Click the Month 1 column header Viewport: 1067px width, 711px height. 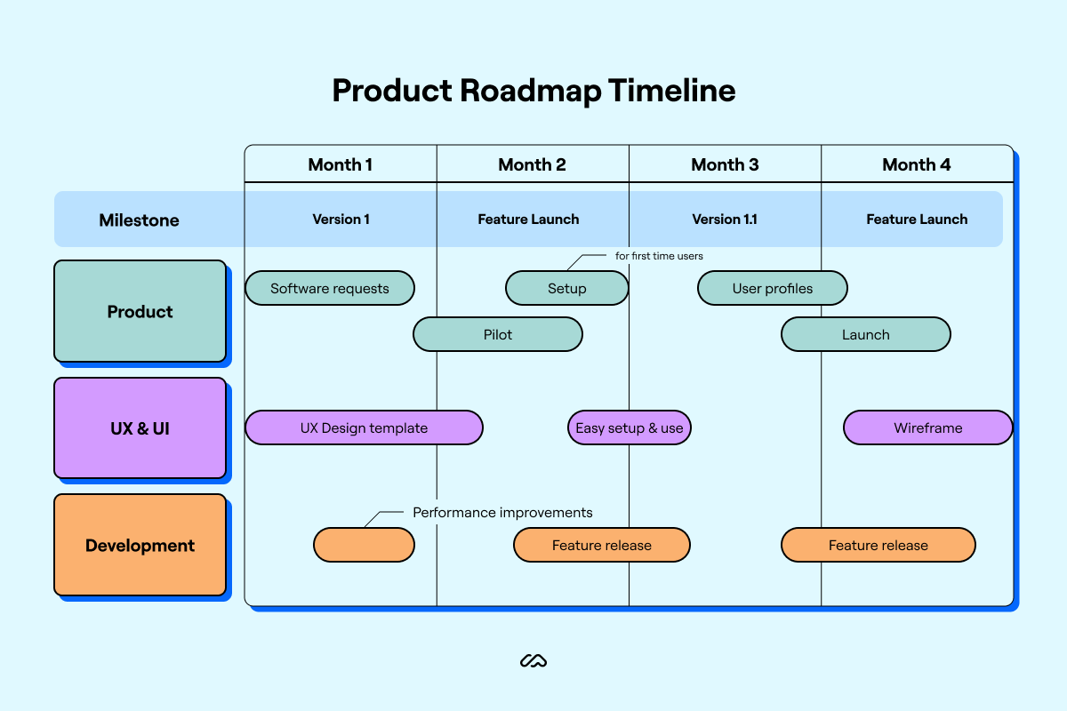[x=341, y=164]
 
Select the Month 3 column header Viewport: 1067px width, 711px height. [x=725, y=164]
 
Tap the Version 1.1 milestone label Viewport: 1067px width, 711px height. [x=725, y=220]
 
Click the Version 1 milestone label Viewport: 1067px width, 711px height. [x=341, y=220]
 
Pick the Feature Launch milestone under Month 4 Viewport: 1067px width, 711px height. [x=917, y=220]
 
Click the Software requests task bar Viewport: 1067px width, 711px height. [x=330, y=288]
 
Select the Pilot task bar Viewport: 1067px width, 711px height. [x=498, y=335]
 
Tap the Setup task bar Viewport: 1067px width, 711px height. [x=567, y=288]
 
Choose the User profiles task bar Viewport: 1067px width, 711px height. [x=773, y=288]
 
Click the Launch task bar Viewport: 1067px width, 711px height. [x=866, y=335]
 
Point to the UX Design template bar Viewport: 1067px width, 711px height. [x=364, y=427]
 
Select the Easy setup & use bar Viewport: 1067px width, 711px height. [x=630, y=427]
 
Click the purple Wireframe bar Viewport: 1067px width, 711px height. [x=928, y=427]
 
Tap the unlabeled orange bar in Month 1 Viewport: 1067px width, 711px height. [x=364, y=545]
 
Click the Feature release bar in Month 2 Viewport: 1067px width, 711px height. [x=602, y=545]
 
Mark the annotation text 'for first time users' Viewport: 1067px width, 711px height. [x=659, y=256]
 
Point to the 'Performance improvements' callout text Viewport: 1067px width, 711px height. [x=502, y=513]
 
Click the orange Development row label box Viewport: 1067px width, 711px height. [x=140, y=545]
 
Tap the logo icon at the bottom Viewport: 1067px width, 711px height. [x=533, y=660]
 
